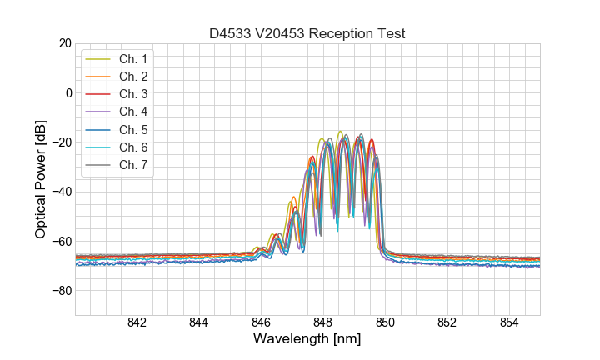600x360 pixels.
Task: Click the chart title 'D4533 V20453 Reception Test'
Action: [x=307, y=33]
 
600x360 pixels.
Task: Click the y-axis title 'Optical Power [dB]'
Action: [x=41, y=179]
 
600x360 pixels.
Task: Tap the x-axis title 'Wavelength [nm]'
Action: [x=307, y=340]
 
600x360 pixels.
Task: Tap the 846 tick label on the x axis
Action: [x=261, y=322]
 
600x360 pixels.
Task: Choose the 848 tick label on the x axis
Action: [x=322, y=322]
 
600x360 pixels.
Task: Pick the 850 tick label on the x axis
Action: [x=385, y=322]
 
